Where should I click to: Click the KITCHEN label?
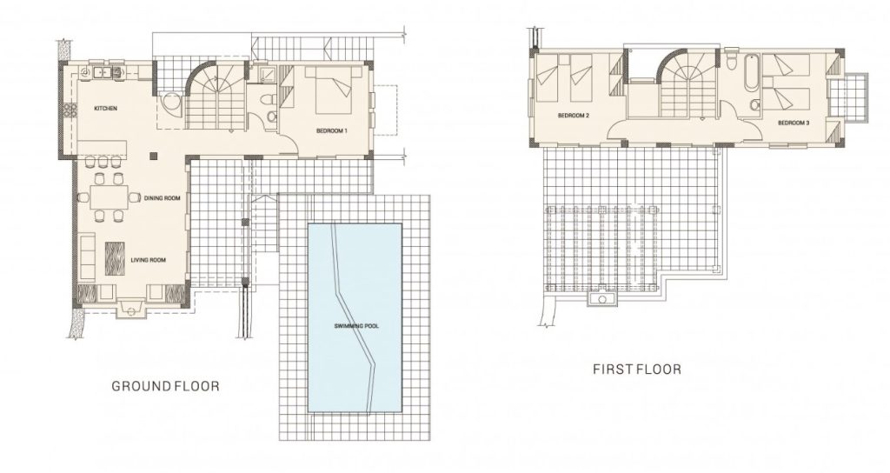[105, 108]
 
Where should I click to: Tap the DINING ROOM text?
[163, 198]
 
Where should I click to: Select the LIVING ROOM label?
[148, 260]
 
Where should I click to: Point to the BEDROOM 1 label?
[331, 131]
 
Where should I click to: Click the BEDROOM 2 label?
[574, 116]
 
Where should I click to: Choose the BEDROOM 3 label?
[794, 123]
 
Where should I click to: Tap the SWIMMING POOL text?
[356, 327]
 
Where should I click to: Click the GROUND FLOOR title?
[165, 387]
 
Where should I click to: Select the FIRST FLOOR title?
[637, 370]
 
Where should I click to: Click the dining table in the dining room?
[109, 197]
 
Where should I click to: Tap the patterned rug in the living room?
[115, 259]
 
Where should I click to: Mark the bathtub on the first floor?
[751, 72]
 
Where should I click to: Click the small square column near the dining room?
[153, 155]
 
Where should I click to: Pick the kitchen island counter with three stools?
[103, 148]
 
